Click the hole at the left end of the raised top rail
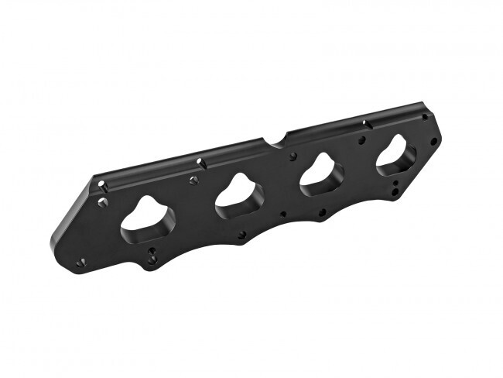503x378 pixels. [102, 184]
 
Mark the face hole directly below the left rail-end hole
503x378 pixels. [102, 201]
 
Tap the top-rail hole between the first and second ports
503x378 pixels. [200, 162]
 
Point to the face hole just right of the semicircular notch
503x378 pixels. [293, 156]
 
